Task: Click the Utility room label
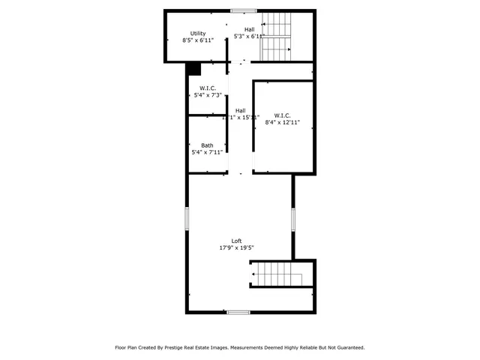[198, 33]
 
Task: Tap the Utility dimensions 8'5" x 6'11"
[198, 40]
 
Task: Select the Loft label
[236, 241]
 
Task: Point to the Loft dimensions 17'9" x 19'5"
[236, 248]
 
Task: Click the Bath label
[206, 145]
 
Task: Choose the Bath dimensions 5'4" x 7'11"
[206, 152]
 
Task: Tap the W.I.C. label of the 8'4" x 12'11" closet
[282, 115]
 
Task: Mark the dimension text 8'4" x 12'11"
[282, 122]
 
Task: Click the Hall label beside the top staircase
[249, 28]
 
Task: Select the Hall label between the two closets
[240, 110]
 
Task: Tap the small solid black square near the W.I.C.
[194, 69]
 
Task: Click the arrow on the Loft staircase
[254, 274]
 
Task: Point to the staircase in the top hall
[275, 37]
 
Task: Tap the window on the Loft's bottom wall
[238, 312]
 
